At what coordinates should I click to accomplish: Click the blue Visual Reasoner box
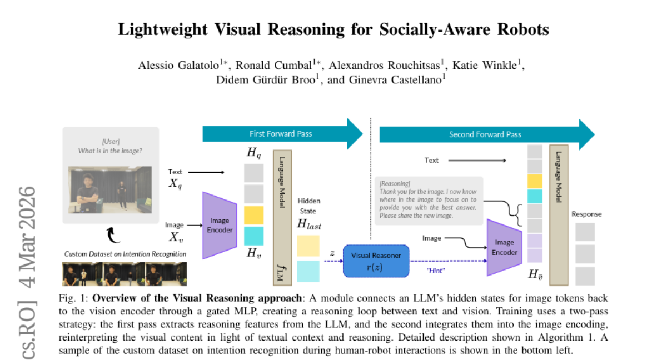[x=375, y=261]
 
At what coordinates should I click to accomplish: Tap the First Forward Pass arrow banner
[x=281, y=134]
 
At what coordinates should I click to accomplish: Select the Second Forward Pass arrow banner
[x=484, y=134]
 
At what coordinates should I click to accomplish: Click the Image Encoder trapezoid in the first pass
[x=220, y=226]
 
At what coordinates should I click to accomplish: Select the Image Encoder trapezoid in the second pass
[x=504, y=247]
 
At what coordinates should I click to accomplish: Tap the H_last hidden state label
[x=309, y=224]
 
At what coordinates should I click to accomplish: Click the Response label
[x=586, y=214]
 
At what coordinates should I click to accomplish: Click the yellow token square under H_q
[x=253, y=215]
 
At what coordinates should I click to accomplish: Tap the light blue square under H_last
[x=308, y=271]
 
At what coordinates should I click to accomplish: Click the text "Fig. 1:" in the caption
[x=72, y=298]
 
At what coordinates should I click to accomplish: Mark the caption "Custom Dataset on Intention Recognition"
[x=125, y=254]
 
